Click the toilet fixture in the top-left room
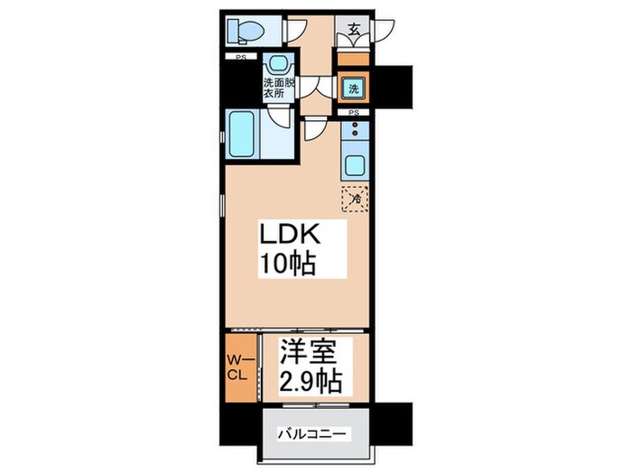(246, 31)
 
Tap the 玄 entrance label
(354, 30)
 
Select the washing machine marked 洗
(354, 88)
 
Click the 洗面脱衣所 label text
(279, 88)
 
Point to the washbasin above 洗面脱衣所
(278, 64)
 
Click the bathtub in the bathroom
(242, 135)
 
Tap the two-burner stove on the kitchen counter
(355, 129)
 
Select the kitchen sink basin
(355, 165)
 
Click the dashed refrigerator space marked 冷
(355, 199)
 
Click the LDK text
(290, 235)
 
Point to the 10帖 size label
(288, 264)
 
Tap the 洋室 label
(309, 351)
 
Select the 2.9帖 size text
(311, 380)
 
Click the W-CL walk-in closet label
(240, 367)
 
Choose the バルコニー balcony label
(311, 434)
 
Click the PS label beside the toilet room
(241, 57)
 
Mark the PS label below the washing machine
(354, 113)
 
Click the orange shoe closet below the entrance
(353, 59)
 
